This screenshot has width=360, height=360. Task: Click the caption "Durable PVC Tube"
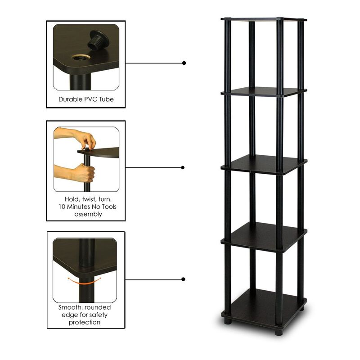(85, 99)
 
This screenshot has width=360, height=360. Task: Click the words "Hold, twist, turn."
(85, 199)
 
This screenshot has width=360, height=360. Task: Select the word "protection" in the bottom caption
(85, 322)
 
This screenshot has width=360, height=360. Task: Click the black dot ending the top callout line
(184, 63)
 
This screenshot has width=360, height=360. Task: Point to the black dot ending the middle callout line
(183, 167)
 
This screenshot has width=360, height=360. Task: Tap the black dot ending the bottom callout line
(183, 279)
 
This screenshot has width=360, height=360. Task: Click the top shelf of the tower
(264, 19)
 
